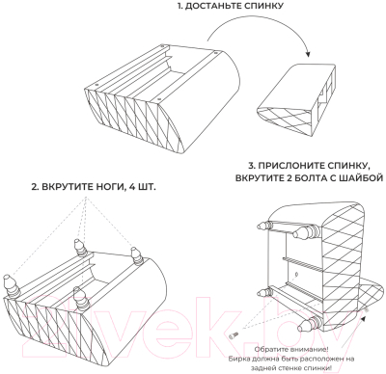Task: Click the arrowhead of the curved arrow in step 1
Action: [309, 54]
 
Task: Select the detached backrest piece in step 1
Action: [296, 99]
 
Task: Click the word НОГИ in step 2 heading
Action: [106, 187]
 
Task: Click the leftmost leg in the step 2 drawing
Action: [11, 285]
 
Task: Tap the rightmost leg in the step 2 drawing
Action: [137, 255]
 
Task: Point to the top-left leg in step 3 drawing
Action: [266, 226]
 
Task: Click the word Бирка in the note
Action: [237, 359]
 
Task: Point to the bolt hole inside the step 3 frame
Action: [296, 274]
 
